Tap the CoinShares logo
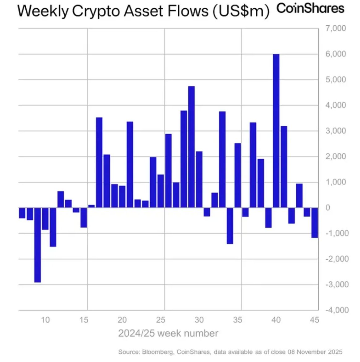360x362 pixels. coord(310,8)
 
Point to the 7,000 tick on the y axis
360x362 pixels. coord(336,28)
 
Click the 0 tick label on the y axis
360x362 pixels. coord(328,208)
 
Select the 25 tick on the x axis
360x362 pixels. coord(161,320)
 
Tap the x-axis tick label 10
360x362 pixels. coord(45,320)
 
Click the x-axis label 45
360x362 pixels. coord(314,320)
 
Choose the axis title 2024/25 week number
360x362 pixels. coord(168,334)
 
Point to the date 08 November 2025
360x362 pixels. coord(315,352)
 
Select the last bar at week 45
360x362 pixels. coord(315,222)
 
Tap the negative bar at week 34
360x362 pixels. coord(230,225)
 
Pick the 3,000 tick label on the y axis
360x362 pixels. coord(336,131)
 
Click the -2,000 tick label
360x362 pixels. coord(337,259)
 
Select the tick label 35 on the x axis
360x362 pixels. coord(238,320)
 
